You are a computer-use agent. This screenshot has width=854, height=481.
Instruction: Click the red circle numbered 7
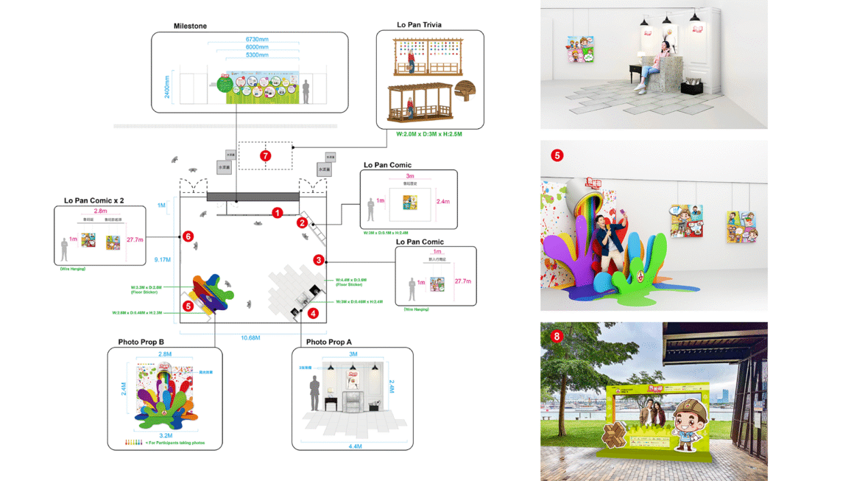click(x=266, y=155)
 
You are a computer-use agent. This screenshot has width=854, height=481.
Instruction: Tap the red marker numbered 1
click(x=277, y=213)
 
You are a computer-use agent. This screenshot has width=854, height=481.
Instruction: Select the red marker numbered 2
click(x=302, y=222)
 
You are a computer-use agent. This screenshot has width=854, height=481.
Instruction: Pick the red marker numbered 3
click(x=319, y=260)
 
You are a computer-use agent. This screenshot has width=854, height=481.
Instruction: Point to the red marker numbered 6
click(x=188, y=236)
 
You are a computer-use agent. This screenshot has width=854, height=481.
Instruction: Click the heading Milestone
click(x=190, y=27)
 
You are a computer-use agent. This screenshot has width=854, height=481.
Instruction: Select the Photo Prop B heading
click(x=141, y=343)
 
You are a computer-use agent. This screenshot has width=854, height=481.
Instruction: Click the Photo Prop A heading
click(x=329, y=343)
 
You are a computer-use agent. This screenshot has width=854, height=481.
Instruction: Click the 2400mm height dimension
click(x=167, y=86)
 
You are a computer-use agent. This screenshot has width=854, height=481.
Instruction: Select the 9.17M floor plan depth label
click(x=163, y=259)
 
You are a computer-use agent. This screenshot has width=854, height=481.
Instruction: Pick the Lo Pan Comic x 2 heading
click(x=93, y=200)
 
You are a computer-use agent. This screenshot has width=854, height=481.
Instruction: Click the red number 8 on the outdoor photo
click(x=557, y=337)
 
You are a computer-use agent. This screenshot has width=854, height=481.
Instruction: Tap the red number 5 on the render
click(x=557, y=155)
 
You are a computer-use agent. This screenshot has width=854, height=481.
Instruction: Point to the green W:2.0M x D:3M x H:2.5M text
click(x=430, y=134)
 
